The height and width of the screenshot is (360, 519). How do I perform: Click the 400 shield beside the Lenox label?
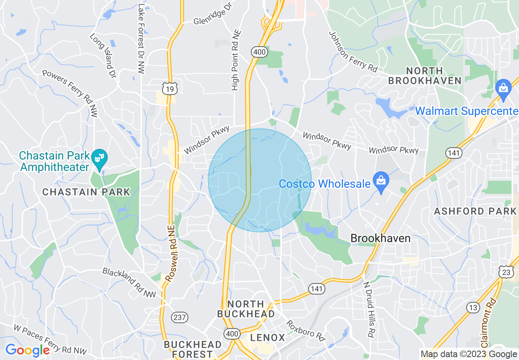click(x=232, y=334)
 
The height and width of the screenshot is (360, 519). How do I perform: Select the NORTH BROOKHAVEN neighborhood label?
click(x=425, y=76)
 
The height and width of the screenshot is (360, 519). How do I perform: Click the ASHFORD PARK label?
click(x=476, y=211)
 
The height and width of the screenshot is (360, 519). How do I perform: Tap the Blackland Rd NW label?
click(x=129, y=282)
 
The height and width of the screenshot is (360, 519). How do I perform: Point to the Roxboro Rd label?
click(x=305, y=331)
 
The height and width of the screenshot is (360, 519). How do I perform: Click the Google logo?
click(x=27, y=351)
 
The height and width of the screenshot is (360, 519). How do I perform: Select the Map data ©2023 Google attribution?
click(x=469, y=354)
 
